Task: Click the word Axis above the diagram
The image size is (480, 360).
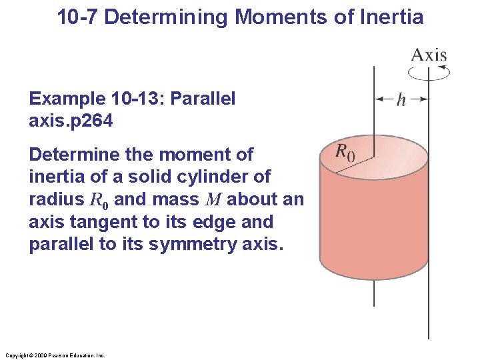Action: coord(429,54)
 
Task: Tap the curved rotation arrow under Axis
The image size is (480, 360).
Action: coord(429,71)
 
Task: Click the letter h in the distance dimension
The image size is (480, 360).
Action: coord(401,99)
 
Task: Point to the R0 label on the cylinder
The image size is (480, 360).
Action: coord(345,152)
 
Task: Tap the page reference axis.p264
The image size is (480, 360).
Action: coord(71,121)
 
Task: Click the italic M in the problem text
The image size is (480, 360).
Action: coord(216,199)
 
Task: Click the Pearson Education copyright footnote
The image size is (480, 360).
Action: coord(54,355)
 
